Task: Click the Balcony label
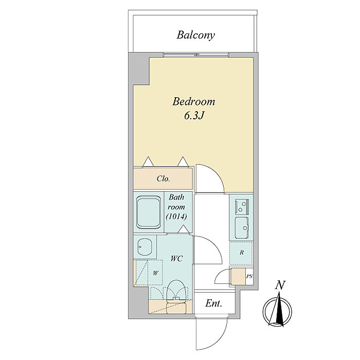[195, 35]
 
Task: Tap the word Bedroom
[194, 101]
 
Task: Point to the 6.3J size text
[194, 116]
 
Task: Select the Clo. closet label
[163, 178]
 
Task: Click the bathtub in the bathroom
[148, 212]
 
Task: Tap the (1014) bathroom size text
[176, 217]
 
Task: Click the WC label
[176, 259]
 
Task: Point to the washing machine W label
[156, 273]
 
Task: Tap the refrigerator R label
[242, 253]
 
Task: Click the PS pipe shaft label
[249, 277]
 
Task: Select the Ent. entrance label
[214, 303]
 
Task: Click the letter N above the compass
[280, 285]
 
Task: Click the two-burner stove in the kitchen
[242, 206]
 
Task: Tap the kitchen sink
[242, 227]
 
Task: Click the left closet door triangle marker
[148, 161]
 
